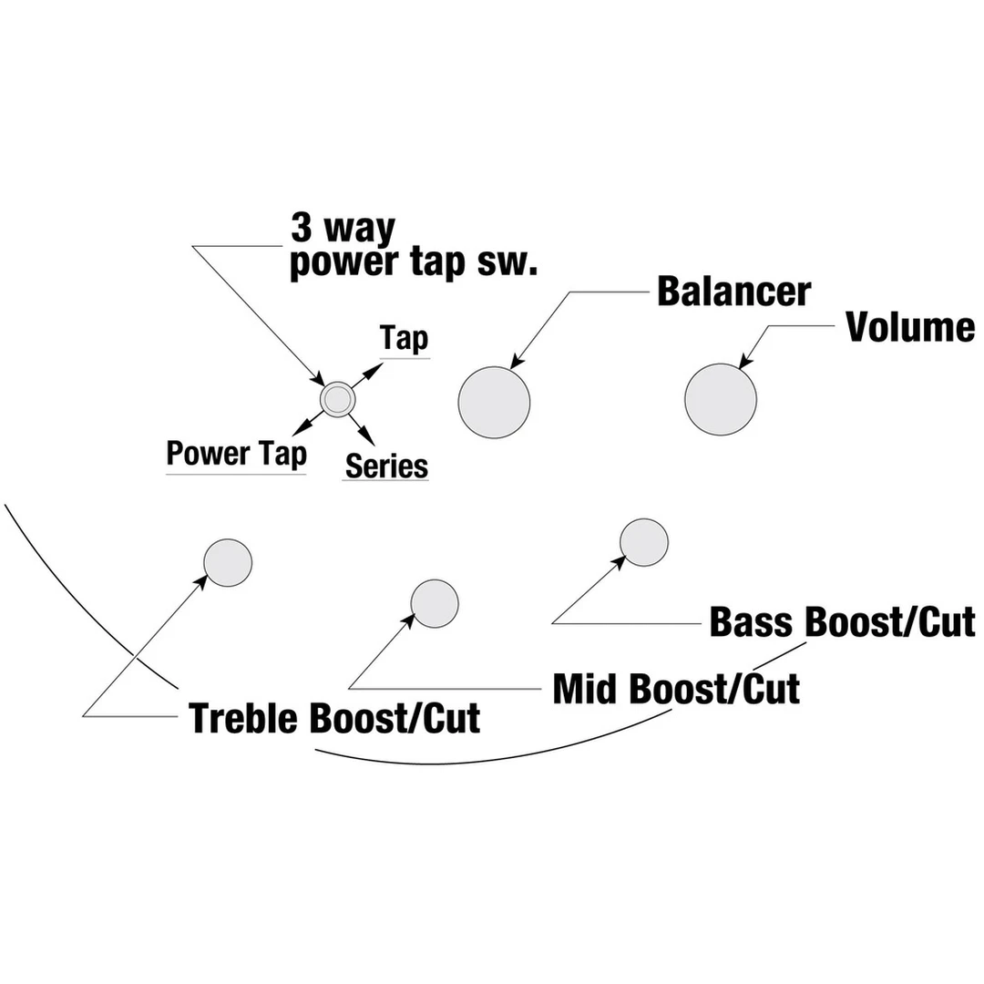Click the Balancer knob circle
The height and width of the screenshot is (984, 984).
pyautogui.click(x=494, y=403)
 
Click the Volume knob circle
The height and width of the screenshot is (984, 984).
pyautogui.click(x=721, y=399)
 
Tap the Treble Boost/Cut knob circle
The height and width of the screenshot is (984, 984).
pyautogui.click(x=228, y=562)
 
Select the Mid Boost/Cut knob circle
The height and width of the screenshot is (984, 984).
pyautogui.click(x=435, y=603)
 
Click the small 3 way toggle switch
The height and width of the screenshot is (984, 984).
pyautogui.click(x=336, y=398)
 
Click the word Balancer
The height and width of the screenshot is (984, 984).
pyautogui.click(x=733, y=292)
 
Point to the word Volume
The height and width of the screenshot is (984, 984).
pyautogui.click(x=910, y=327)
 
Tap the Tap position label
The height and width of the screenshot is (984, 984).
pyautogui.click(x=405, y=339)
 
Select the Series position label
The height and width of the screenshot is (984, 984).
pyautogui.click(x=386, y=466)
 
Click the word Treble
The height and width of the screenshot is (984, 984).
pyautogui.click(x=244, y=718)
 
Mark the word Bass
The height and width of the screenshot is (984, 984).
pyautogui.click(x=752, y=622)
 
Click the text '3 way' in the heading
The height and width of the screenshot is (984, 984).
pyautogui.click(x=343, y=228)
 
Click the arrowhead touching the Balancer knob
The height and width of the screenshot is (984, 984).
pyautogui.click(x=517, y=362)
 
